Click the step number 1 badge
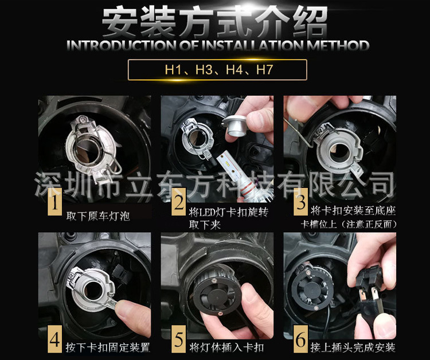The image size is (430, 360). click(55, 202)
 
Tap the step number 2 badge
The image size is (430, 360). click(179, 202)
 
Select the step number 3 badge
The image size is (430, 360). click(301, 202)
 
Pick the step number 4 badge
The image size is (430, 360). click(54, 339)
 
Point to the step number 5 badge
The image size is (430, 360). click(179, 339)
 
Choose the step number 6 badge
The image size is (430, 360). click(301, 339)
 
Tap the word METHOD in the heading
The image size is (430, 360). click(338, 45)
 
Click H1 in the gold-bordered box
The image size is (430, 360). click(173, 69)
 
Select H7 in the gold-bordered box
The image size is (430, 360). click(265, 69)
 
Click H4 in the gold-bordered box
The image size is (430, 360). click(234, 69)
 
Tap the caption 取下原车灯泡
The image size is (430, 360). click(98, 216)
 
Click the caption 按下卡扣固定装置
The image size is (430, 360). click(108, 347)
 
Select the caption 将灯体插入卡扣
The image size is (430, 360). click(226, 347)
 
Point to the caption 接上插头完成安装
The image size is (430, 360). click(353, 347)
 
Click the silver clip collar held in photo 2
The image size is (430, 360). click(234, 126)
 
